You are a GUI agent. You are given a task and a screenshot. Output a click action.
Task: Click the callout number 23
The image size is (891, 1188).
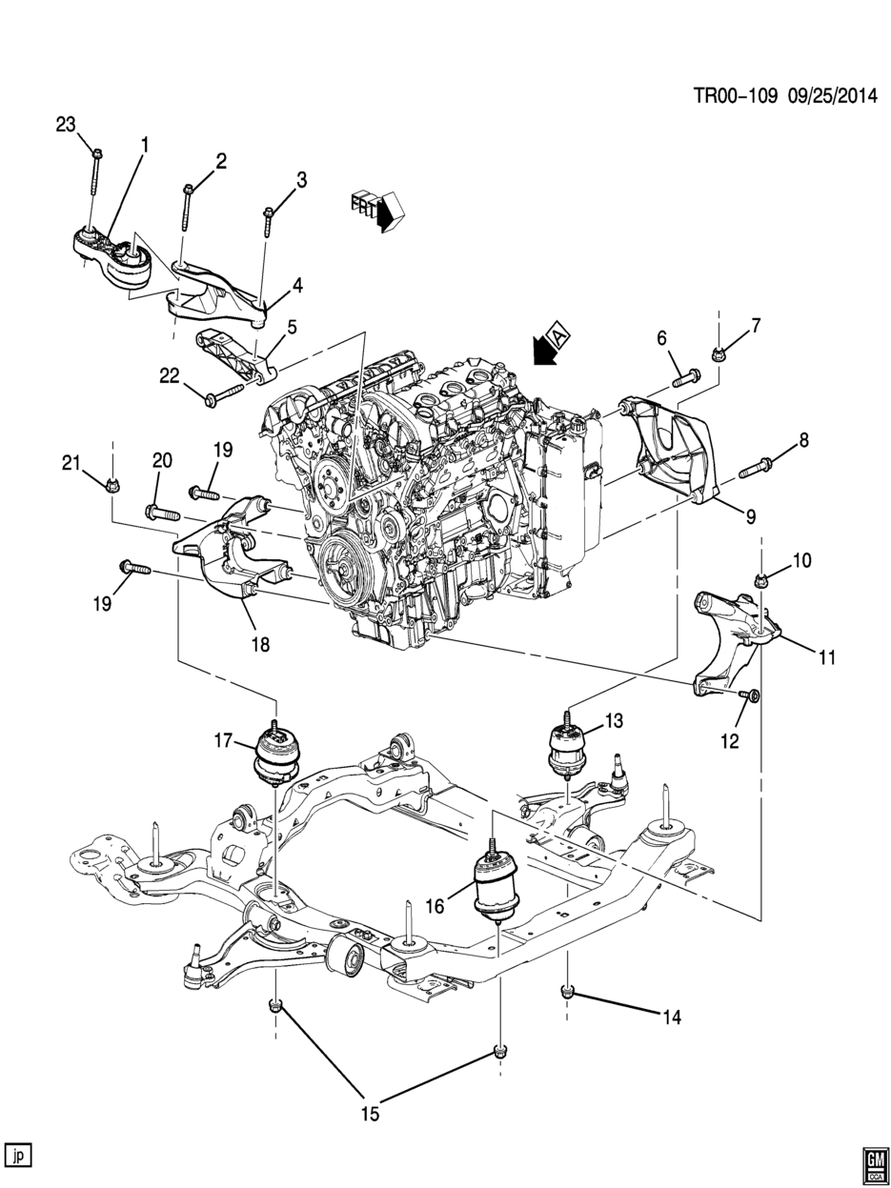pyautogui.click(x=66, y=125)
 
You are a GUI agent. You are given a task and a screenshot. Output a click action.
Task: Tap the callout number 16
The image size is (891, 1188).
pyautogui.click(x=435, y=905)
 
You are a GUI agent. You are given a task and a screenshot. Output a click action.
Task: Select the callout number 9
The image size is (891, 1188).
pyautogui.click(x=750, y=517)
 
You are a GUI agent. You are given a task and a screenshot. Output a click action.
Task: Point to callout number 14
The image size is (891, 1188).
pyautogui.click(x=672, y=1017)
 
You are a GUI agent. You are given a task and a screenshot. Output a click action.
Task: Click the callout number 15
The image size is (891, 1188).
pyautogui.click(x=371, y=1114)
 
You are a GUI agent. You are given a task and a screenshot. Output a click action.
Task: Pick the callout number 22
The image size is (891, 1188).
pyautogui.click(x=169, y=376)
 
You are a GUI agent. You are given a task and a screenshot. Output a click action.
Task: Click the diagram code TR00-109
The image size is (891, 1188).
pyautogui.click(x=737, y=97)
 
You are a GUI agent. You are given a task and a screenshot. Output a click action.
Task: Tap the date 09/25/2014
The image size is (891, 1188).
pyautogui.click(x=833, y=97)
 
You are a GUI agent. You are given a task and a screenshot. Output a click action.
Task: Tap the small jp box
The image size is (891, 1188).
pyautogui.click(x=18, y=1156)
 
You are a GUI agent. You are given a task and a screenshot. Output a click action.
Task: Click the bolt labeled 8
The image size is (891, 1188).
pyautogui.click(x=756, y=467)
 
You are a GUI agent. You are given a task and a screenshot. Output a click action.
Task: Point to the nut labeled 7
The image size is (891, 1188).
pyautogui.click(x=718, y=354)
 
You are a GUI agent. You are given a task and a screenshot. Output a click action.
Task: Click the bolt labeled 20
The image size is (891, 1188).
pyautogui.click(x=162, y=512)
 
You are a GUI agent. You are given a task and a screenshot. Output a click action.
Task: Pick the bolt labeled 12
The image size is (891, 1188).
pyautogui.click(x=749, y=695)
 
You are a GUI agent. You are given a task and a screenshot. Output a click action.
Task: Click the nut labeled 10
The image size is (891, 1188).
pyautogui.click(x=760, y=579)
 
